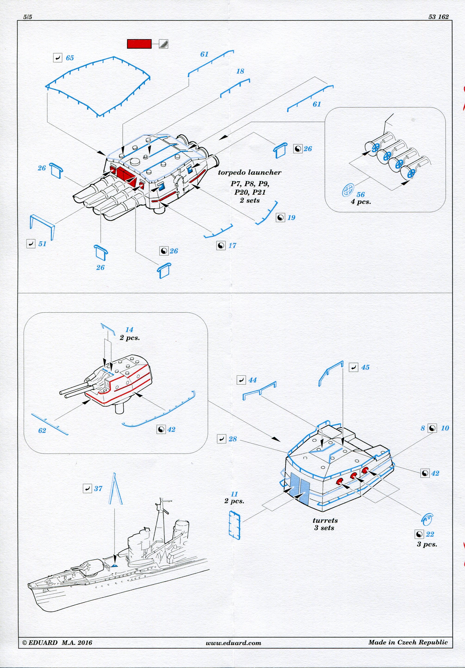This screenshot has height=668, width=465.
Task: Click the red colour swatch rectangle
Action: pyautogui.click(x=139, y=44)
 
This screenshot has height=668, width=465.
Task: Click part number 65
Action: pyautogui.click(x=70, y=58)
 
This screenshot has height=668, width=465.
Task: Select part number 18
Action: pyautogui.click(x=240, y=71)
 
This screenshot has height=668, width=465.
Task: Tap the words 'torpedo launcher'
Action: pyautogui.click(x=250, y=172)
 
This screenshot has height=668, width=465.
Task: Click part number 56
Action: pyautogui.click(x=360, y=195)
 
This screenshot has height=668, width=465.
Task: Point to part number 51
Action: pyautogui.click(x=42, y=244)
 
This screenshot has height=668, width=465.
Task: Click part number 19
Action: pyautogui.click(x=291, y=218)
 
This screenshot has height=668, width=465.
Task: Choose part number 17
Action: pyautogui.click(x=232, y=246)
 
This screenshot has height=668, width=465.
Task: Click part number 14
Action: pyautogui.click(x=129, y=330)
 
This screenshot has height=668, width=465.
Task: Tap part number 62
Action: pyautogui.click(x=42, y=431)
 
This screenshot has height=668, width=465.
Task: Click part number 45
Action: pyautogui.click(x=365, y=367)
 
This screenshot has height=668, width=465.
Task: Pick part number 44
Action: pyautogui.click(x=252, y=380)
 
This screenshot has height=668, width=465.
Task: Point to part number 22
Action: pyautogui.click(x=430, y=534)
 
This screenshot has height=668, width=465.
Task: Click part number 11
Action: pyautogui.click(x=234, y=494)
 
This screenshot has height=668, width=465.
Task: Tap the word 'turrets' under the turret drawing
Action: pyautogui.click(x=325, y=520)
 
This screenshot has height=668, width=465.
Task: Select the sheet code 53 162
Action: pyautogui.click(x=438, y=17)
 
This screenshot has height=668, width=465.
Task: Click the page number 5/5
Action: pyautogui.click(x=28, y=17)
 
